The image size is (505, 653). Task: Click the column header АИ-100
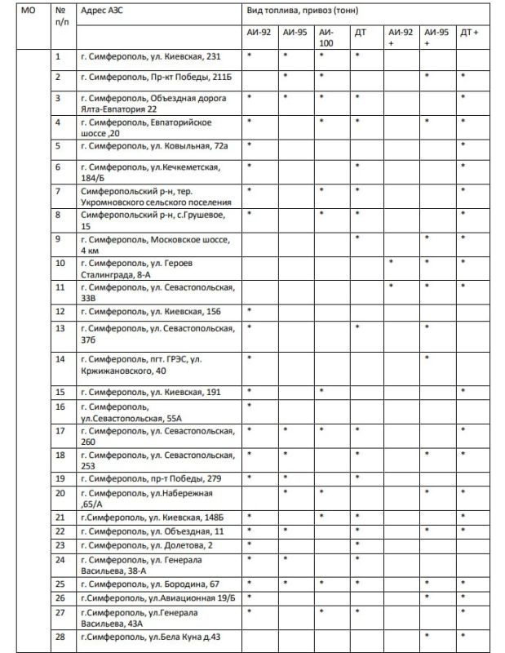pyautogui.click(x=326, y=37)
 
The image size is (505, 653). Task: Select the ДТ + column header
pyautogui.click(x=469, y=32)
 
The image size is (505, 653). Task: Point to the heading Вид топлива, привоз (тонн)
pyautogui.click(x=302, y=11)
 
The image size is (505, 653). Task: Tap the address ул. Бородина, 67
pyautogui.click(x=150, y=584)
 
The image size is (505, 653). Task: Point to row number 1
pyautogui.click(x=58, y=56)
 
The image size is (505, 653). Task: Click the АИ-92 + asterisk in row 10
pyautogui.click(x=392, y=263)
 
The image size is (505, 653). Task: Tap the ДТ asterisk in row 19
pyautogui.click(x=357, y=478)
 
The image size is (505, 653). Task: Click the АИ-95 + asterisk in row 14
pyautogui.click(x=427, y=358)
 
